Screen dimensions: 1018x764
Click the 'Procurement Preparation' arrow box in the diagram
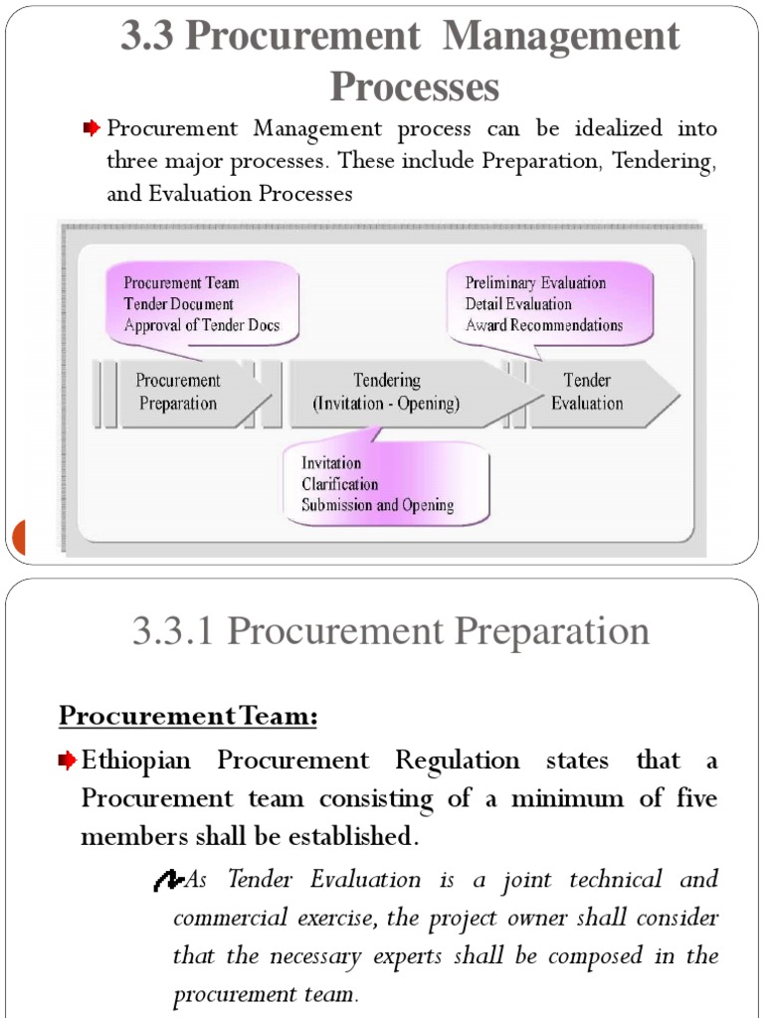point(179,392)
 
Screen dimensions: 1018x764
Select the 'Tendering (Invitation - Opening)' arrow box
point(387,392)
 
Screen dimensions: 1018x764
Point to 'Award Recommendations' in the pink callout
point(543,325)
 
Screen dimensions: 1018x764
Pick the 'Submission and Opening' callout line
point(378,505)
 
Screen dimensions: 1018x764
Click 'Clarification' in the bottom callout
point(340,484)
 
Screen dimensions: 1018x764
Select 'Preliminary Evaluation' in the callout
point(535,283)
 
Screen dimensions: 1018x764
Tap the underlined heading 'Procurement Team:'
point(188,715)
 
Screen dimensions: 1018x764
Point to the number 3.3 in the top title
point(147,38)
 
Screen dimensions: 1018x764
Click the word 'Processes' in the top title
point(414,87)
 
